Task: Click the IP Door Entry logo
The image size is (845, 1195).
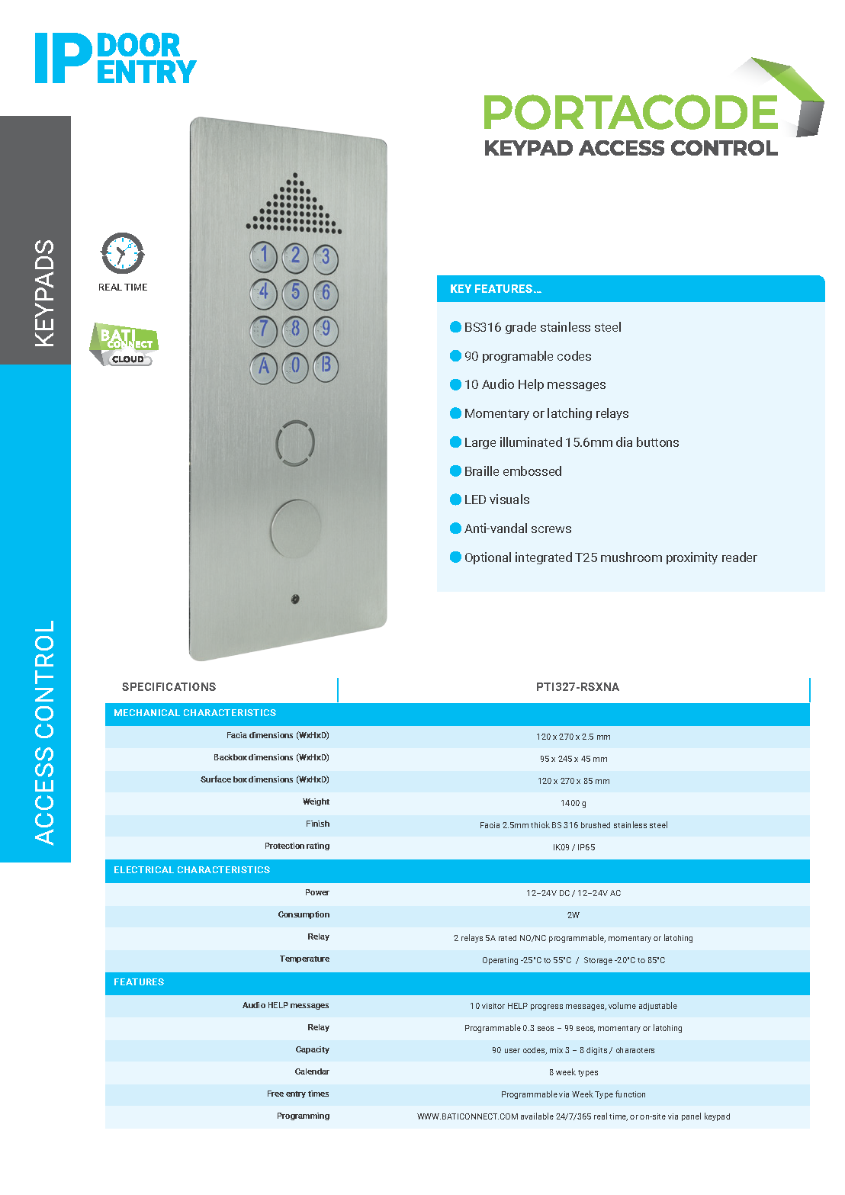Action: [x=115, y=58]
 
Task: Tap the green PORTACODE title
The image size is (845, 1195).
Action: [x=630, y=112]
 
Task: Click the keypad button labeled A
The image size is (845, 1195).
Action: [x=264, y=367]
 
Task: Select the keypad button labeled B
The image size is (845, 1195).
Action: [x=326, y=365]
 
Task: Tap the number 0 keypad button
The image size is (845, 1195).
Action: [x=295, y=366]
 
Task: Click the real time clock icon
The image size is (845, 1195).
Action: [x=122, y=254]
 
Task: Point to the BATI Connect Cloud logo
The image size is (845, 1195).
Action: [x=124, y=345]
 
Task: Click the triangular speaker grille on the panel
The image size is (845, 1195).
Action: [x=294, y=206]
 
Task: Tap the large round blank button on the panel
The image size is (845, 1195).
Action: [x=296, y=528]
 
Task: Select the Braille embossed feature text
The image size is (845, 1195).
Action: [x=512, y=471]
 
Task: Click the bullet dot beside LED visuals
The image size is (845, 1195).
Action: [x=455, y=500]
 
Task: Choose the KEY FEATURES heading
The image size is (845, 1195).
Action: [x=496, y=289]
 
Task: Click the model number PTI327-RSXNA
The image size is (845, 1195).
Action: [x=577, y=687]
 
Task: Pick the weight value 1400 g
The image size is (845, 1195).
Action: [x=574, y=803]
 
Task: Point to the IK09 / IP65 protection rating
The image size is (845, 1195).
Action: [x=574, y=847]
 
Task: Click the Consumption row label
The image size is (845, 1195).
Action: [x=304, y=914]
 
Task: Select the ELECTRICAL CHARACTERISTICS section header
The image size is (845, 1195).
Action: [x=191, y=870]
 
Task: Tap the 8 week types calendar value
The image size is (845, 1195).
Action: [x=574, y=1072]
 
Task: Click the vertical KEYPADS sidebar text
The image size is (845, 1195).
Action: [x=44, y=294]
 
